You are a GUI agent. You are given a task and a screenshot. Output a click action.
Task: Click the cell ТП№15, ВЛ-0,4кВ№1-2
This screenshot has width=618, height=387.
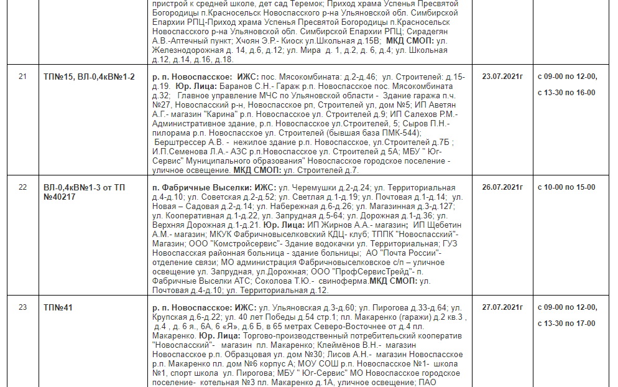tap(89, 77)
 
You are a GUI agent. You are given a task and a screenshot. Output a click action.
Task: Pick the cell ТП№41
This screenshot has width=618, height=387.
tap(58, 307)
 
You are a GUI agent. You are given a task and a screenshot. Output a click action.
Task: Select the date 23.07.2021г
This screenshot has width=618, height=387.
tap(502, 77)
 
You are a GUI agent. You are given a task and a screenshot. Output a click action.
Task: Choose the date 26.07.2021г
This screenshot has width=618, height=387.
tap(502, 187)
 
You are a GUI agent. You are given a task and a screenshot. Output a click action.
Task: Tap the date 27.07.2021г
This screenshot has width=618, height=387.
tap(502, 307)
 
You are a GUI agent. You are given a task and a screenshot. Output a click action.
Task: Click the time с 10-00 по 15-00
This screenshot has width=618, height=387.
tap(566, 187)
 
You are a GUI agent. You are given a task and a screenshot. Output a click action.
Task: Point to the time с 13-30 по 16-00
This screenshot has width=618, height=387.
tap(566, 93)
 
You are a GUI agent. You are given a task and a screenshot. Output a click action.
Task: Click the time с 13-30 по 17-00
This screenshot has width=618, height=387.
tap(566, 324)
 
